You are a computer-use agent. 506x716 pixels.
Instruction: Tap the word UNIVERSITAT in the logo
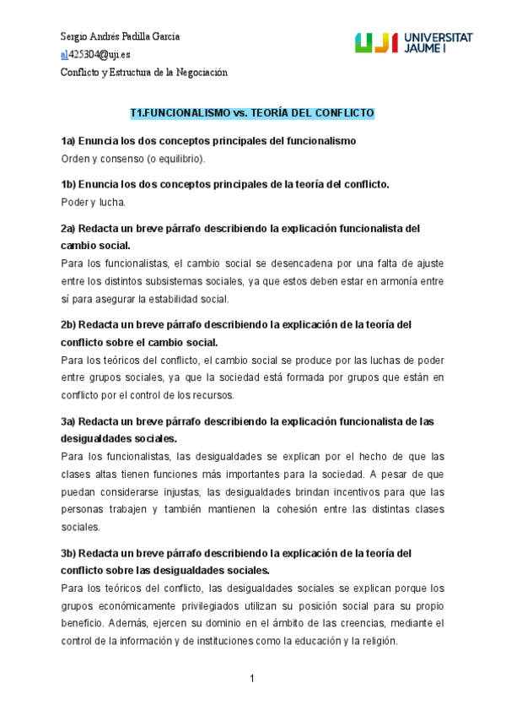click(x=439, y=38)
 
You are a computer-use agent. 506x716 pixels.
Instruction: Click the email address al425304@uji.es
click(x=96, y=55)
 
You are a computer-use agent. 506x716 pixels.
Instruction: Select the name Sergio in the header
click(x=75, y=37)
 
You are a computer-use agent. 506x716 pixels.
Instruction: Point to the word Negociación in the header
click(x=202, y=73)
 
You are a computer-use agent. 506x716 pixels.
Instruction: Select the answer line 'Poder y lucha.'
click(x=93, y=202)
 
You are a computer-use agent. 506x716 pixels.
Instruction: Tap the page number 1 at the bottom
click(x=251, y=680)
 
